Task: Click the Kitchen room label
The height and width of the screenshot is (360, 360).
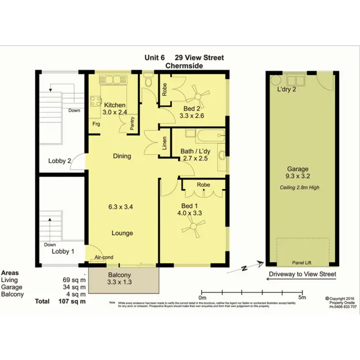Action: point(115,105)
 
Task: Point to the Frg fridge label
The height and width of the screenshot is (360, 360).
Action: point(97,123)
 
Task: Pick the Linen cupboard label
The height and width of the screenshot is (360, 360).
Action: point(164,143)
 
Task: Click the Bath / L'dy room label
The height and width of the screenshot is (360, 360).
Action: point(194,151)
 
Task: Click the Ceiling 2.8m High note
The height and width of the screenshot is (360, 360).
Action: point(300,188)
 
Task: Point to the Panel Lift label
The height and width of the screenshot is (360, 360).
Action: point(302,263)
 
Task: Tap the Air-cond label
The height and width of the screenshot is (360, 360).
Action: point(104,257)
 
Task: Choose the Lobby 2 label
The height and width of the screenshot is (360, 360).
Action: point(60,161)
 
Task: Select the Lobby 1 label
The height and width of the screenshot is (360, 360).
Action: point(63,251)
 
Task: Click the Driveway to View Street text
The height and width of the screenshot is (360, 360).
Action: point(301,274)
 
